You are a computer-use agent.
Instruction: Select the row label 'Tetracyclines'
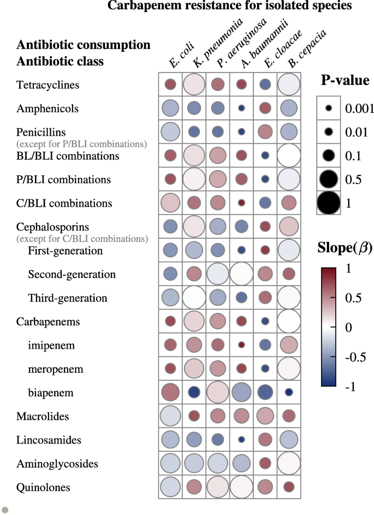pyautogui.click(x=48, y=85)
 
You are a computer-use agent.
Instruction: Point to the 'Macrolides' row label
pyautogui.click(x=43, y=416)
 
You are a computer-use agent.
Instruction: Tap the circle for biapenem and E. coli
pyautogui.click(x=170, y=392)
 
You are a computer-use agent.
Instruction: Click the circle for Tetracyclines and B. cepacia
pyautogui.click(x=289, y=85)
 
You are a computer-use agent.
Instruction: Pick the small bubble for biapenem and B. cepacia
pyautogui.click(x=289, y=392)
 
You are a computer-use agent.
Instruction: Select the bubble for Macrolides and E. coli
pyautogui.click(x=170, y=416)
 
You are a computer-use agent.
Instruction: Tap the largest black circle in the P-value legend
pyautogui.click(x=329, y=203)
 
